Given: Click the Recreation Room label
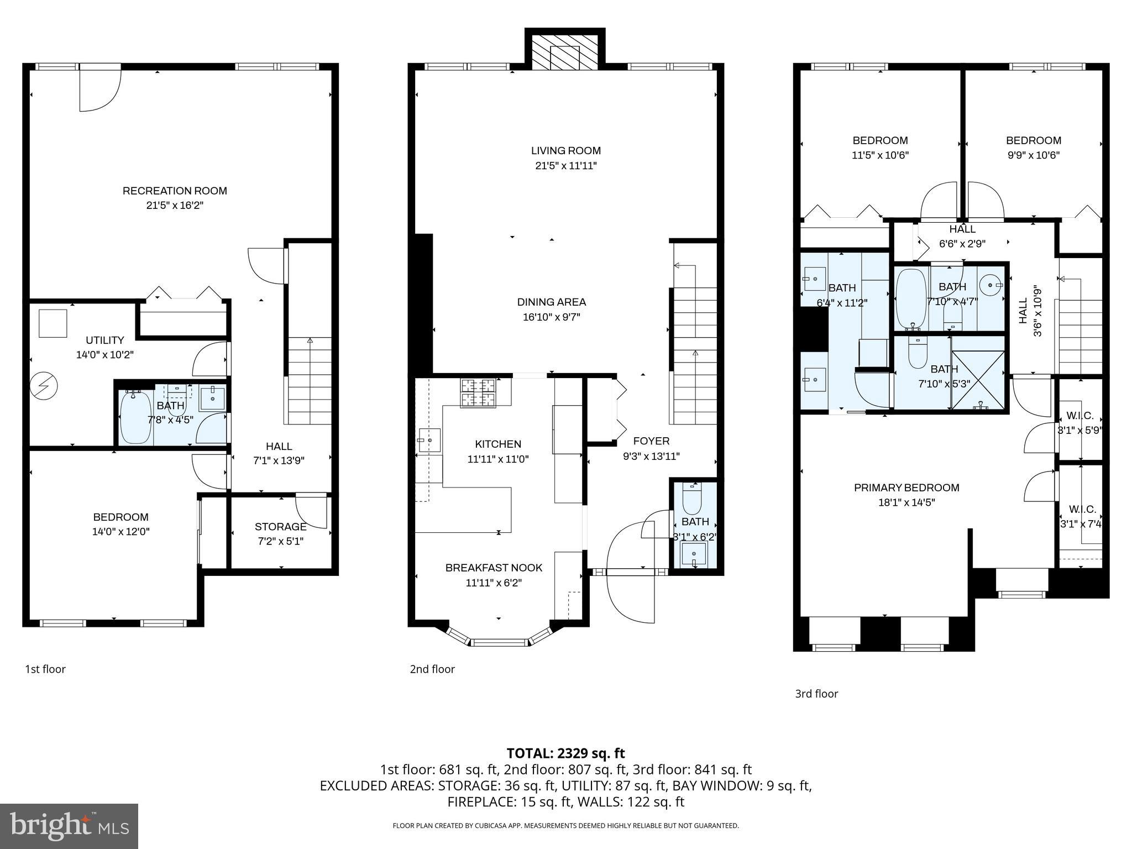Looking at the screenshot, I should click(x=175, y=191).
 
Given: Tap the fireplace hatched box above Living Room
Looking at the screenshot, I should click(x=564, y=58).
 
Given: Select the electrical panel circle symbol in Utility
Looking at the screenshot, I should click(x=43, y=385).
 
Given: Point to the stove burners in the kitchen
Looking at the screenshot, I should click(x=478, y=393).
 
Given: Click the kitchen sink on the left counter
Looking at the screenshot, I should click(x=429, y=440).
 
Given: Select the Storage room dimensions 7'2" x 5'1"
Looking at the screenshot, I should click(x=280, y=541).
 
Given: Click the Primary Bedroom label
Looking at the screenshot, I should click(x=906, y=488).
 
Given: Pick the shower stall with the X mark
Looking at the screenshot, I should click(x=978, y=380).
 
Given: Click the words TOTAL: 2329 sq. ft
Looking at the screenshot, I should click(x=565, y=753).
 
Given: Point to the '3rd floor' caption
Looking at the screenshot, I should click(x=816, y=694).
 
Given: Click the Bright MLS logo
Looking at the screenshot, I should click(x=69, y=826).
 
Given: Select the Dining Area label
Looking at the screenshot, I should click(x=551, y=302).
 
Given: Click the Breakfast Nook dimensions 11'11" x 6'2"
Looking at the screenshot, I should click(x=494, y=583).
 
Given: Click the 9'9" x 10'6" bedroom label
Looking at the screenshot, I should click(x=1033, y=155).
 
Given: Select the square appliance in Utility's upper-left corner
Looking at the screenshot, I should click(x=53, y=323).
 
